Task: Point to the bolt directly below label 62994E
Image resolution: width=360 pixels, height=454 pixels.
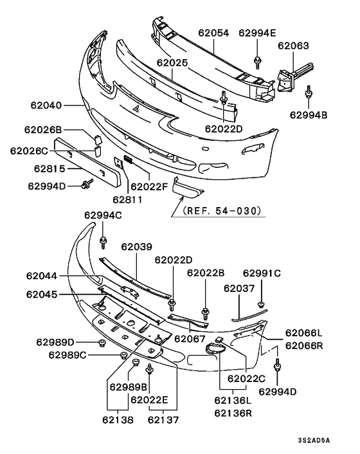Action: [257, 61]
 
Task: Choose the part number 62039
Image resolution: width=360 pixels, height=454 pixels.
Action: [136, 247]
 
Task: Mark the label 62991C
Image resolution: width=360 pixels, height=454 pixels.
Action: [262, 273]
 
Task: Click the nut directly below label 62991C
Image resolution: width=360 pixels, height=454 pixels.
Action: [261, 303]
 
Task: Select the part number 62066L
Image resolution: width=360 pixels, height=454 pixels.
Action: [304, 332]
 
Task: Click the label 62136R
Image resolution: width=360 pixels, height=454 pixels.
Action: [235, 412]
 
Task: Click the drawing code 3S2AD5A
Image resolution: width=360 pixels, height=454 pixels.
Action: [314, 440]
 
